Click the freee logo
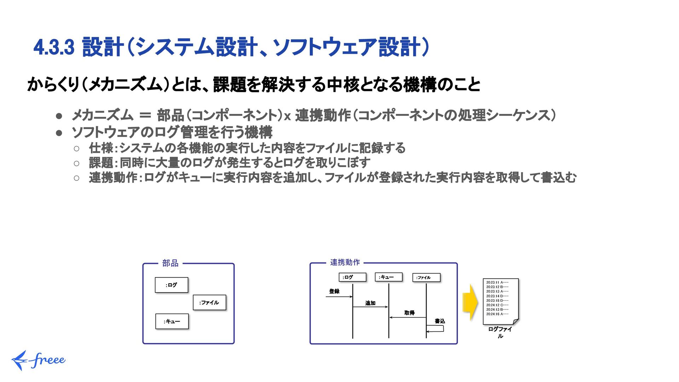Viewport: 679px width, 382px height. click(x=38, y=360)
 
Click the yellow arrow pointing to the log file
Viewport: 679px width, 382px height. click(x=471, y=303)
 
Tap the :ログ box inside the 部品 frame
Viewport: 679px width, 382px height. click(x=172, y=285)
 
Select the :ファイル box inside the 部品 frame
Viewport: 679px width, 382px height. click(x=209, y=303)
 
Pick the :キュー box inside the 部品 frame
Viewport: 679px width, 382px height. click(x=172, y=322)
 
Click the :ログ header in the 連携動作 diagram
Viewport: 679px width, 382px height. click(x=352, y=277)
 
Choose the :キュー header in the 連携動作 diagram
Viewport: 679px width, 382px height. click(x=388, y=277)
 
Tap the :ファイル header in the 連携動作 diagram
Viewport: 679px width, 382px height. click(x=426, y=278)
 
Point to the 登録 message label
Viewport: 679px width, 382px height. click(x=334, y=291)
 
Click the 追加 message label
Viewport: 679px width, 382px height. click(x=370, y=303)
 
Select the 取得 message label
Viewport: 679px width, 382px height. click(x=409, y=313)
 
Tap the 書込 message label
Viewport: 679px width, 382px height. click(x=440, y=321)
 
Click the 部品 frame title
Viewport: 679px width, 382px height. click(x=170, y=263)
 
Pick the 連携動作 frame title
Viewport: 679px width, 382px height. click(x=345, y=262)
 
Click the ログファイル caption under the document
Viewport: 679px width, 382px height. click(x=500, y=332)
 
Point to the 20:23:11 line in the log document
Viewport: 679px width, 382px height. click(x=497, y=283)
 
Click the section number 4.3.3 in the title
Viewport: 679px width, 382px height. click(x=54, y=47)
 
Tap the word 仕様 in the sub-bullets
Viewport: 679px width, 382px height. click(x=101, y=148)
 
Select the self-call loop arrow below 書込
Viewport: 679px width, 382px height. click(x=436, y=329)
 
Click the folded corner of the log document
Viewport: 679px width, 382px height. click(x=516, y=321)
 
